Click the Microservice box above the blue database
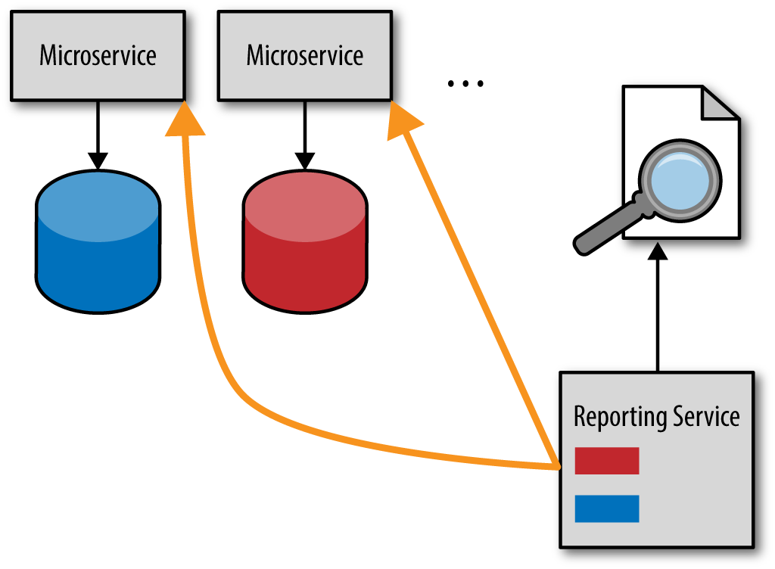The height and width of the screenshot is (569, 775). point(98,56)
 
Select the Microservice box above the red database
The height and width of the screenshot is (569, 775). point(305,56)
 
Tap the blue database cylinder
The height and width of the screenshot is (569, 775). point(98,241)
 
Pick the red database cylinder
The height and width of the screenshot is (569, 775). point(305,241)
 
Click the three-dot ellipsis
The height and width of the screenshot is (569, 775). point(465,83)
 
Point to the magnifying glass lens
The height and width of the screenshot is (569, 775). point(680,181)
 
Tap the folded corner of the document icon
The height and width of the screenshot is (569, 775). point(721,103)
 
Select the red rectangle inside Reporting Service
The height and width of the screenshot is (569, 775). point(607,460)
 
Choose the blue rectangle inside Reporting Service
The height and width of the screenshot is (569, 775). point(607,508)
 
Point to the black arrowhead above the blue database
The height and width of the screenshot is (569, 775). point(98,161)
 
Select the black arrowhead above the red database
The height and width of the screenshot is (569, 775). point(305,161)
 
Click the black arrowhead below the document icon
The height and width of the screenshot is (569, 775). point(658,251)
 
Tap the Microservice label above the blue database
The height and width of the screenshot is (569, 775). point(98,54)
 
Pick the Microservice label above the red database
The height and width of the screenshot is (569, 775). point(305,54)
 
